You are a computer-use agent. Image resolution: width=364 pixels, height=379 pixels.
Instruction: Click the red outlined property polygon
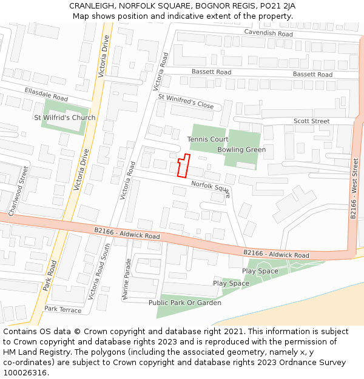pyautogui.click(x=183, y=166)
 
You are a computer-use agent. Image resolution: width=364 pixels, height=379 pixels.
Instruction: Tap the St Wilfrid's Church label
pyautogui.click(x=65, y=118)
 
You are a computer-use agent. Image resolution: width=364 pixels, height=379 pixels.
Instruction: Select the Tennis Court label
pyautogui.click(x=207, y=139)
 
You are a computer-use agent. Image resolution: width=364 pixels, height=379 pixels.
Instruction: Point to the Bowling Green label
pyautogui.click(x=241, y=150)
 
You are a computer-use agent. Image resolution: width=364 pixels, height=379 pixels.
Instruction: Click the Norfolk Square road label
pyautogui.click(x=211, y=189)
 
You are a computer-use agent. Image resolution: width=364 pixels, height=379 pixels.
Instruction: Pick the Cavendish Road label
pyautogui.click(x=268, y=33)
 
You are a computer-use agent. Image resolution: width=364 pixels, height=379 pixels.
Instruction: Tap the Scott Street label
pyautogui.click(x=311, y=121)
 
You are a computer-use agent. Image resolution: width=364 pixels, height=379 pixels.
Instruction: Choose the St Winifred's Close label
pyautogui.click(x=186, y=101)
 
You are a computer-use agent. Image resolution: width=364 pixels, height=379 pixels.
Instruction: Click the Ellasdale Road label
pyautogui.click(x=46, y=95)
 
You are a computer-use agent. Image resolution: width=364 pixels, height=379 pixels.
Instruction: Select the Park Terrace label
pyautogui.click(x=62, y=309)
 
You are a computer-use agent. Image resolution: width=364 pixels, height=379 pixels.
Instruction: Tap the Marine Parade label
pyautogui.click(x=127, y=280)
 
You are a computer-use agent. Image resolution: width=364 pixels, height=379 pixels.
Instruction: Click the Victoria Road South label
pyautogui.click(x=99, y=271)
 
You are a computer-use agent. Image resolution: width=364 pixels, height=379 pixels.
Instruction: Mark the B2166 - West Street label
pyautogui.click(x=356, y=186)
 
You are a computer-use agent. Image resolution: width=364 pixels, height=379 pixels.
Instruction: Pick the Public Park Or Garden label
pyautogui.click(x=185, y=303)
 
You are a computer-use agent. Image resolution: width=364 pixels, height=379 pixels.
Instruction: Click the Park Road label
pyautogui.click(x=50, y=276)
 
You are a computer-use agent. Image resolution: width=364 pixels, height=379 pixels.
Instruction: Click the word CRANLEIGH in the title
pyautogui.click(x=90, y=5)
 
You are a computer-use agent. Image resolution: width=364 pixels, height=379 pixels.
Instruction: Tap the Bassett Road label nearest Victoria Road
pyautogui.click(x=211, y=72)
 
